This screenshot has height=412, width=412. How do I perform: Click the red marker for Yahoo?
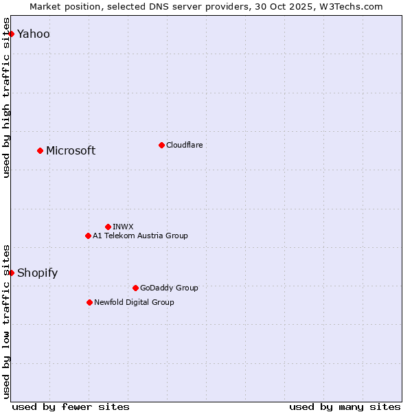pyautogui.click(x=11, y=34)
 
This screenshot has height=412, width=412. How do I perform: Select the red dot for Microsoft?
pyautogui.click(x=40, y=150)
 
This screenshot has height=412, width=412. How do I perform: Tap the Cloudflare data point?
pyautogui.click(x=161, y=145)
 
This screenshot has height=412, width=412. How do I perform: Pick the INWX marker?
pyautogui.click(x=108, y=227)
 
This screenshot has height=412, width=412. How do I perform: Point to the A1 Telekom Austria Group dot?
pyautogui.click(x=88, y=236)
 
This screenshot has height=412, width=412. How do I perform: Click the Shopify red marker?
pyautogui.click(x=11, y=273)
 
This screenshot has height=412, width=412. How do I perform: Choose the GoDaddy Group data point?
pyautogui.click(x=135, y=288)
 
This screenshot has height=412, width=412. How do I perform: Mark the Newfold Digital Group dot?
pyautogui.click(x=89, y=302)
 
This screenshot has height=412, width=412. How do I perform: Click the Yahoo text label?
pyautogui.click(x=34, y=34)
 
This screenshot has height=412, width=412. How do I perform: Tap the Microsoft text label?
pyautogui.click(x=71, y=151)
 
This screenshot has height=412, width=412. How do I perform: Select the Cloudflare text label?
pyautogui.click(x=185, y=145)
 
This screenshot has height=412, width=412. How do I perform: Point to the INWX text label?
pyautogui.click(x=123, y=227)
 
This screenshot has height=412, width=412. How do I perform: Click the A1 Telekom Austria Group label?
pyautogui.click(x=140, y=236)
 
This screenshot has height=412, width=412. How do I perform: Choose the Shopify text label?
pyautogui.click(x=37, y=273)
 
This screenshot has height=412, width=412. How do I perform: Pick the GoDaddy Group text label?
pyautogui.click(x=169, y=288)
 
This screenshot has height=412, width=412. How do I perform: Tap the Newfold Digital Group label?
pyautogui.click(x=134, y=302)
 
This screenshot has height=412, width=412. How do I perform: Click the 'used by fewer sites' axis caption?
pyautogui.click(x=71, y=407)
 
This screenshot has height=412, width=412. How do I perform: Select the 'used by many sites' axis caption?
pyautogui.click(x=345, y=407)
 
